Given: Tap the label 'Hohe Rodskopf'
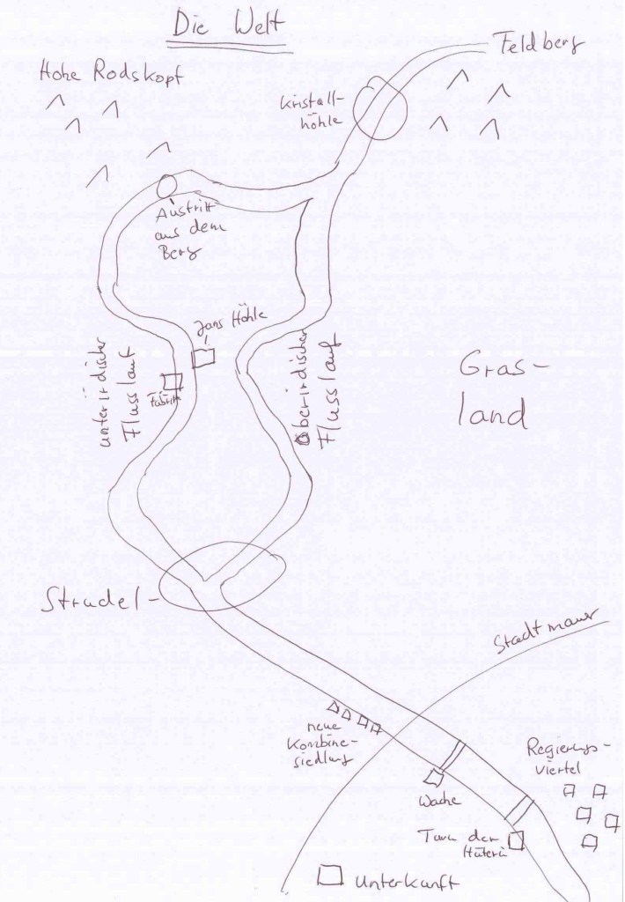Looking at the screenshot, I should (x=111, y=75).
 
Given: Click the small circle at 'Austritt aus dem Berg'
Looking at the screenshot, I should (x=165, y=187).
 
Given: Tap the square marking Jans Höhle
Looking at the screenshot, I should (x=204, y=356).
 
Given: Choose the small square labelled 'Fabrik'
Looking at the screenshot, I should (x=173, y=381).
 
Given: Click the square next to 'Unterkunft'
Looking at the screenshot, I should (x=331, y=876).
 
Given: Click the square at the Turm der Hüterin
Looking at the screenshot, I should (x=517, y=840).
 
